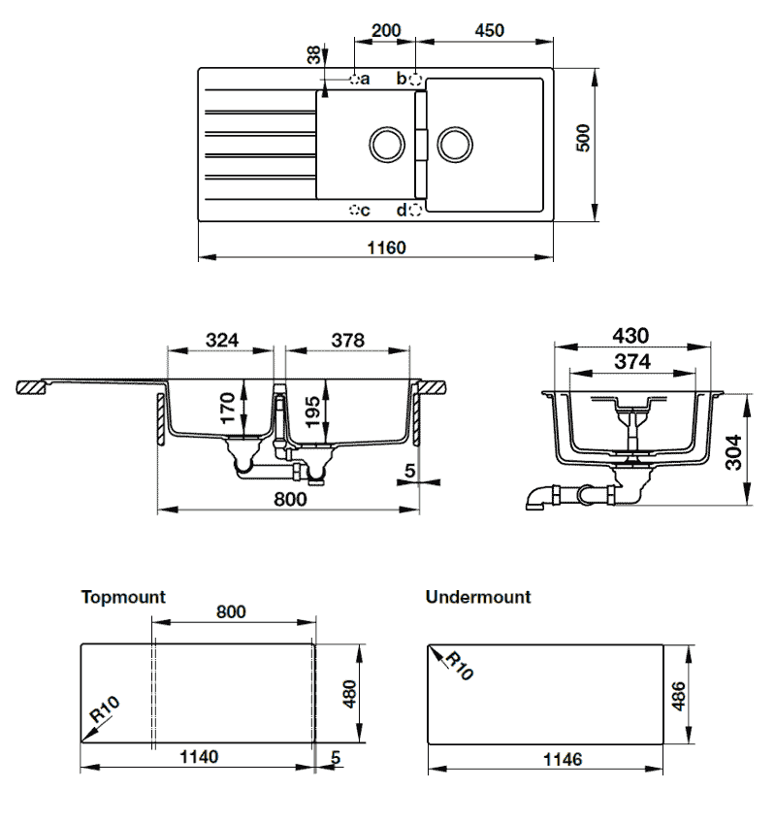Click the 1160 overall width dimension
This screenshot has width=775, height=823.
pyautogui.click(x=386, y=247)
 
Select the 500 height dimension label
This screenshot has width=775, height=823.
pyautogui.click(x=583, y=138)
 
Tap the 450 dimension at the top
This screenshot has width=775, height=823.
pyautogui.click(x=490, y=30)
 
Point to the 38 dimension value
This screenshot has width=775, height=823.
pyautogui.click(x=313, y=54)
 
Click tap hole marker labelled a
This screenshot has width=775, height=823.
pyautogui.click(x=355, y=80)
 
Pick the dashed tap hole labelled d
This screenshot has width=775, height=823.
pyautogui.click(x=415, y=211)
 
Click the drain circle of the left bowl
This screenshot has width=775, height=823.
pyautogui.click(x=387, y=145)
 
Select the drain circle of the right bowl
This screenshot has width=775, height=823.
pyautogui.click(x=455, y=145)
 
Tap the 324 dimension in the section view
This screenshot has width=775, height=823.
pyautogui.click(x=222, y=340)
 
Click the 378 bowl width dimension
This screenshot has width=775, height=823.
pyautogui.click(x=348, y=340)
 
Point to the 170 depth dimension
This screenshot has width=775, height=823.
pyautogui.click(x=227, y=408)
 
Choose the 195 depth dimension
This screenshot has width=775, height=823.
pyautogui.click(x=311, y=412)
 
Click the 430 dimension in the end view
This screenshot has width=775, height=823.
pyautogui.click(x=630, y=336)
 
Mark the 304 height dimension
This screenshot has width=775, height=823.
pyautogui.click(x=733, y=452)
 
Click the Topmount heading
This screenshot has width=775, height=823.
pyautogui.click(x=123, y=597)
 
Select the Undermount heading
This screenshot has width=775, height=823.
pyautogui.click(x=478, y=597)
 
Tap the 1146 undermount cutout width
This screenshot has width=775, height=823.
pyautogui.click(x=563, y=759)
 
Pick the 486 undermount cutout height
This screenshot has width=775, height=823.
pyautogui.click(x=678, y=697)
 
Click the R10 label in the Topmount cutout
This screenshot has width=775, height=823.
pyautogui.click(x=105, y=709)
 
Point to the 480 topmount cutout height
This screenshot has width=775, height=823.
pyautogui.click(x=349, y=694)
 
